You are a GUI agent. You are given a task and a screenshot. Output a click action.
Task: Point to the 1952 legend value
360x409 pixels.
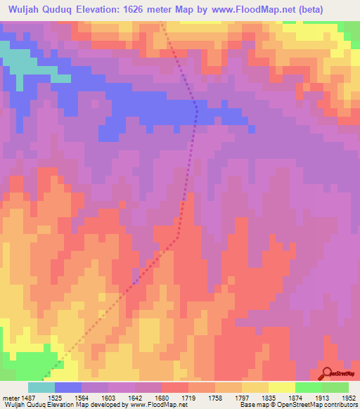point(349,396)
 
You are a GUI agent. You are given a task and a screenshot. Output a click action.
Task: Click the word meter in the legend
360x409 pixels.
point(11,396)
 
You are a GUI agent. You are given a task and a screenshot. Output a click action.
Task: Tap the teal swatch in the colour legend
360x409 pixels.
point(41,387)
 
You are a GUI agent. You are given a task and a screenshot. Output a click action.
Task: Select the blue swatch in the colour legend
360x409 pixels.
point(68,387)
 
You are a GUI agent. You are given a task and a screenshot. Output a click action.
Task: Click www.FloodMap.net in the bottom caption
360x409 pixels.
point(153,404)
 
